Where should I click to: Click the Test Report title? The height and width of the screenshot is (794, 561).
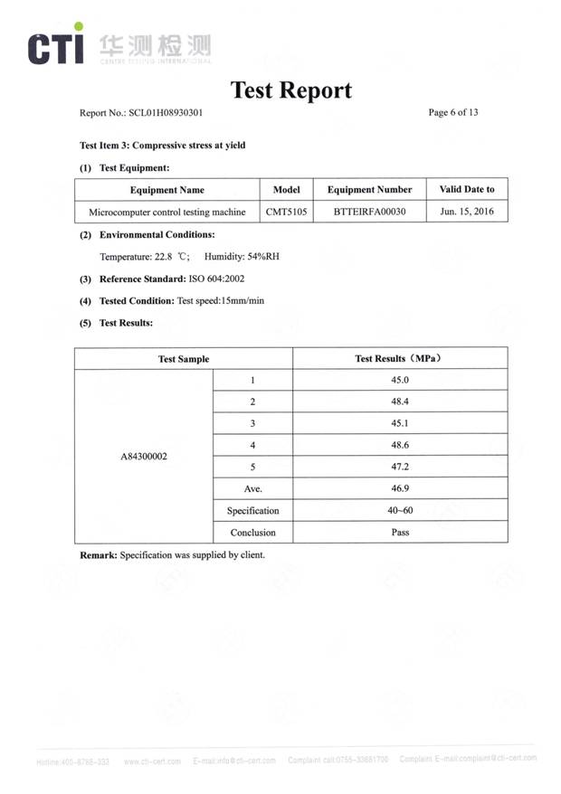pyautogui.click(x=290, y=90)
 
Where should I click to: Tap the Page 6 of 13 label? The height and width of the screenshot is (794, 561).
pyautogui.click(x=452, y=112)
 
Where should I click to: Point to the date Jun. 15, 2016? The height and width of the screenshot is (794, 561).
pyautogui.click(x=467, y=213)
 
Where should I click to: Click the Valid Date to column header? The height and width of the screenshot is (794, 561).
pyautogui.click(x=467, y=190)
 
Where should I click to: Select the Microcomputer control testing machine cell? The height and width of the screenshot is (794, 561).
pyautogui.click(x=166, y=213)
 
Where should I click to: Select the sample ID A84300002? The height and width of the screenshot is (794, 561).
pyautogui.click(x=144, y=457)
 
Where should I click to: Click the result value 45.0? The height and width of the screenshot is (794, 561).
pyautogui.click(x=400, y=381)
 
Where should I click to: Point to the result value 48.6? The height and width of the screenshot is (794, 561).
pyautogui.click(x=400, y=446)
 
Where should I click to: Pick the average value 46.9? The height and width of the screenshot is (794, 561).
pyautogui.click(x=400, y=489)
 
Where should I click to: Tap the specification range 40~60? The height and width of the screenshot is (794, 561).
pyautogui.click(x=400, y=511)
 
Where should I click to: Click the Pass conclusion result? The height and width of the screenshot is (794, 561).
pyautogui.click(x=400, y=533)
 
